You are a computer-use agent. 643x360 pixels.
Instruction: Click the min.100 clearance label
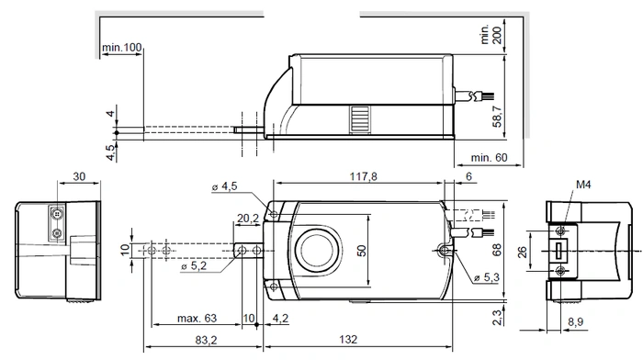pyautogui.click(x=122, y=48)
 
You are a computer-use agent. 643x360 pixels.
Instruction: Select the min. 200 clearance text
pyautogui.click(x=491, y=35)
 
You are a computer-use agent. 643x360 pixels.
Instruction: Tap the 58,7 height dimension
pyautogui.click(x=497, y=117)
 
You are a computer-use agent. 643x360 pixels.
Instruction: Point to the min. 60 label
pyautogui.click(x=489, y=157)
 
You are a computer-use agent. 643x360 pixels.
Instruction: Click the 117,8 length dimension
pyautogui.click(x=364, y=176)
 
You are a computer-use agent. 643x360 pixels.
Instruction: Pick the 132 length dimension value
pyautogui.click(x=348, y=340)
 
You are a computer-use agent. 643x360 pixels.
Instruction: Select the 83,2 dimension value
pyautogui.click(x=207, y=340)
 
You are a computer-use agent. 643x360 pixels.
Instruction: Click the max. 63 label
pyautogui.click(x=197, y=318)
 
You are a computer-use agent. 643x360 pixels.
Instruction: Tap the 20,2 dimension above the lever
pyautogui.click(x=248, y=219)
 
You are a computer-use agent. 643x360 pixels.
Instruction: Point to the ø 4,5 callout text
pyautogui.click(x=225, y=186)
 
